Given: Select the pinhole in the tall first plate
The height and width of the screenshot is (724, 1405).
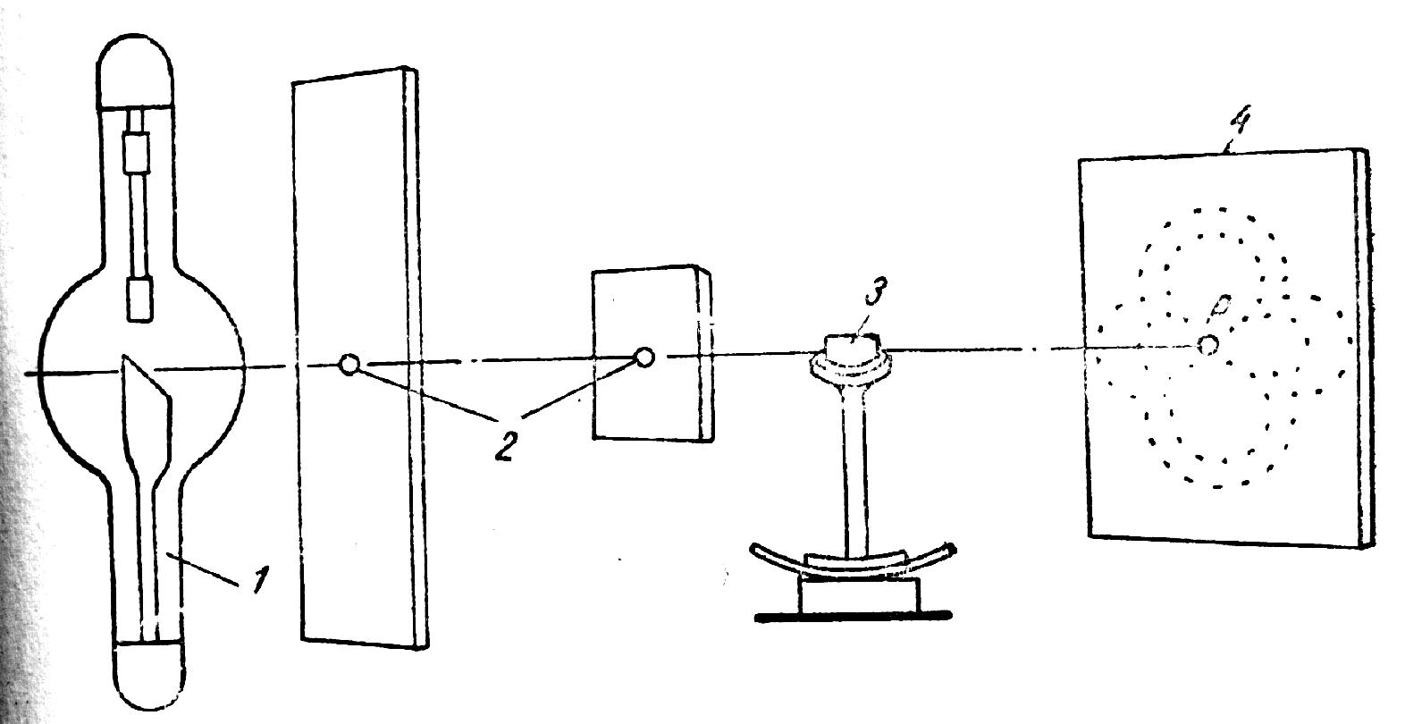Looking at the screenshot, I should [x=349, y=364].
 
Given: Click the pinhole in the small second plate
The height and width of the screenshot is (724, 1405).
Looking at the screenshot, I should [x=643, y=358].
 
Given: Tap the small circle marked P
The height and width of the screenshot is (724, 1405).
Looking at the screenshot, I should [x=1207, y=344].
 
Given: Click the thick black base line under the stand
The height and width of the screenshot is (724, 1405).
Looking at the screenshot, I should [x=852, y=616].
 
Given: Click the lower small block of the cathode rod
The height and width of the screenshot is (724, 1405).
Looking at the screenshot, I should [x=140, y=299].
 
